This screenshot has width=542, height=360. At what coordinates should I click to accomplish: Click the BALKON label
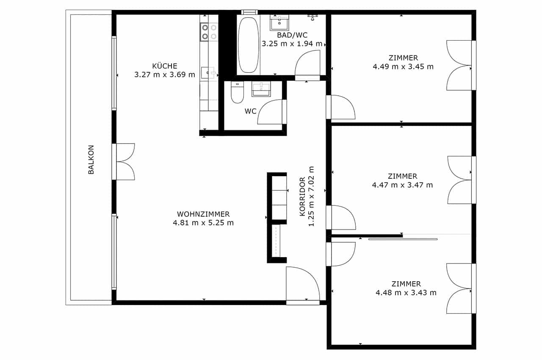[x=91, y=160]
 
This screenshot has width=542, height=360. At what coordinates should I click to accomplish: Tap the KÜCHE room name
[x=165, y=66]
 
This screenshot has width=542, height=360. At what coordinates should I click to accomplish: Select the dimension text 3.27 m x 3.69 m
[x=165, y=75]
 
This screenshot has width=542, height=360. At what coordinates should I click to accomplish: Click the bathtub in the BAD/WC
[x=248, y=45]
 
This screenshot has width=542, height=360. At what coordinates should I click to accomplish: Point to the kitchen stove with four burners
[x=209, y=32]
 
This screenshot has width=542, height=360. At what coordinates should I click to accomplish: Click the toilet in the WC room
[x=237, y=92]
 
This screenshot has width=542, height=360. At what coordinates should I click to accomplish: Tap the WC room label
[x=250, y=111]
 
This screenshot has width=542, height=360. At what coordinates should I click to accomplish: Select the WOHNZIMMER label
[x=203, y=214]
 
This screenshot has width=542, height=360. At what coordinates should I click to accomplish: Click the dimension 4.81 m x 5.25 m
[x=203, y=223]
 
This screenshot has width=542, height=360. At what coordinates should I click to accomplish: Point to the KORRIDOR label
[x=302, y=197]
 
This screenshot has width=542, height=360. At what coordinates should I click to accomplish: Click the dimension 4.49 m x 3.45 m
[x=403, y=66]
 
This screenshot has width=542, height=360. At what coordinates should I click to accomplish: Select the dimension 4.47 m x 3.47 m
[x=402, y=185]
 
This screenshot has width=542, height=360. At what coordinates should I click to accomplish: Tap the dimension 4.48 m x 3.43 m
[x=406, y=293]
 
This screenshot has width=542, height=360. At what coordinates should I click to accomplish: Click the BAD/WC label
[x=292, y=35]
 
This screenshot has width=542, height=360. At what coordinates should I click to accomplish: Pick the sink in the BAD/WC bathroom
[x=279, y=22]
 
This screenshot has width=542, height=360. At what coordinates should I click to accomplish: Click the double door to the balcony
[x=123, y=162]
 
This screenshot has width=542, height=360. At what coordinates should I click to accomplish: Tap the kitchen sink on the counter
[x=208, y=72]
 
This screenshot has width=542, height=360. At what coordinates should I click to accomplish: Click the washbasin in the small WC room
[x=261, y=89]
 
